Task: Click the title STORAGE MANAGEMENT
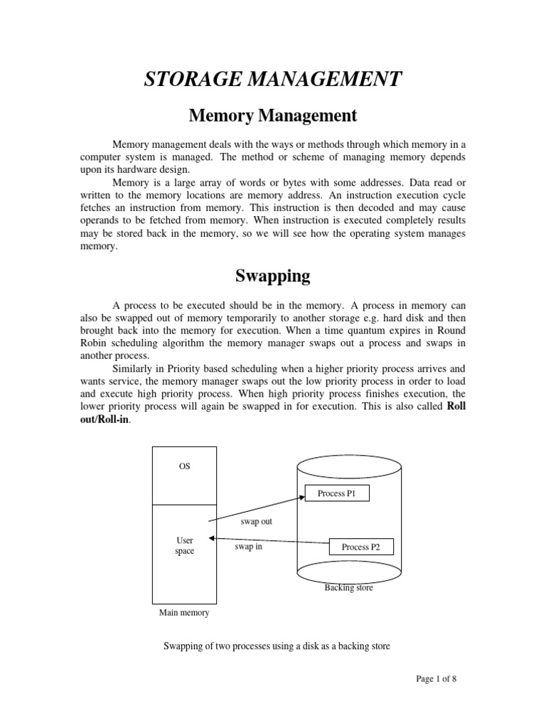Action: (x=273, y=78)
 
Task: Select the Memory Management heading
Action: (x=273, y=114)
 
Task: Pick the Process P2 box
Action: (x=361, y=547)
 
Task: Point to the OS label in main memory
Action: (x=184, y=466)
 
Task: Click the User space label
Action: (x=184, y=546)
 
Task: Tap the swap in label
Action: (x=249, y=547)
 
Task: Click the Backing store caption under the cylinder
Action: (x=348, y=588)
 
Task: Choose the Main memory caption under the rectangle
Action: (x=184, y=612)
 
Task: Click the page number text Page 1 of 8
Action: (x=437, y=679)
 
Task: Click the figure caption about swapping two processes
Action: (x=277, y=646)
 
